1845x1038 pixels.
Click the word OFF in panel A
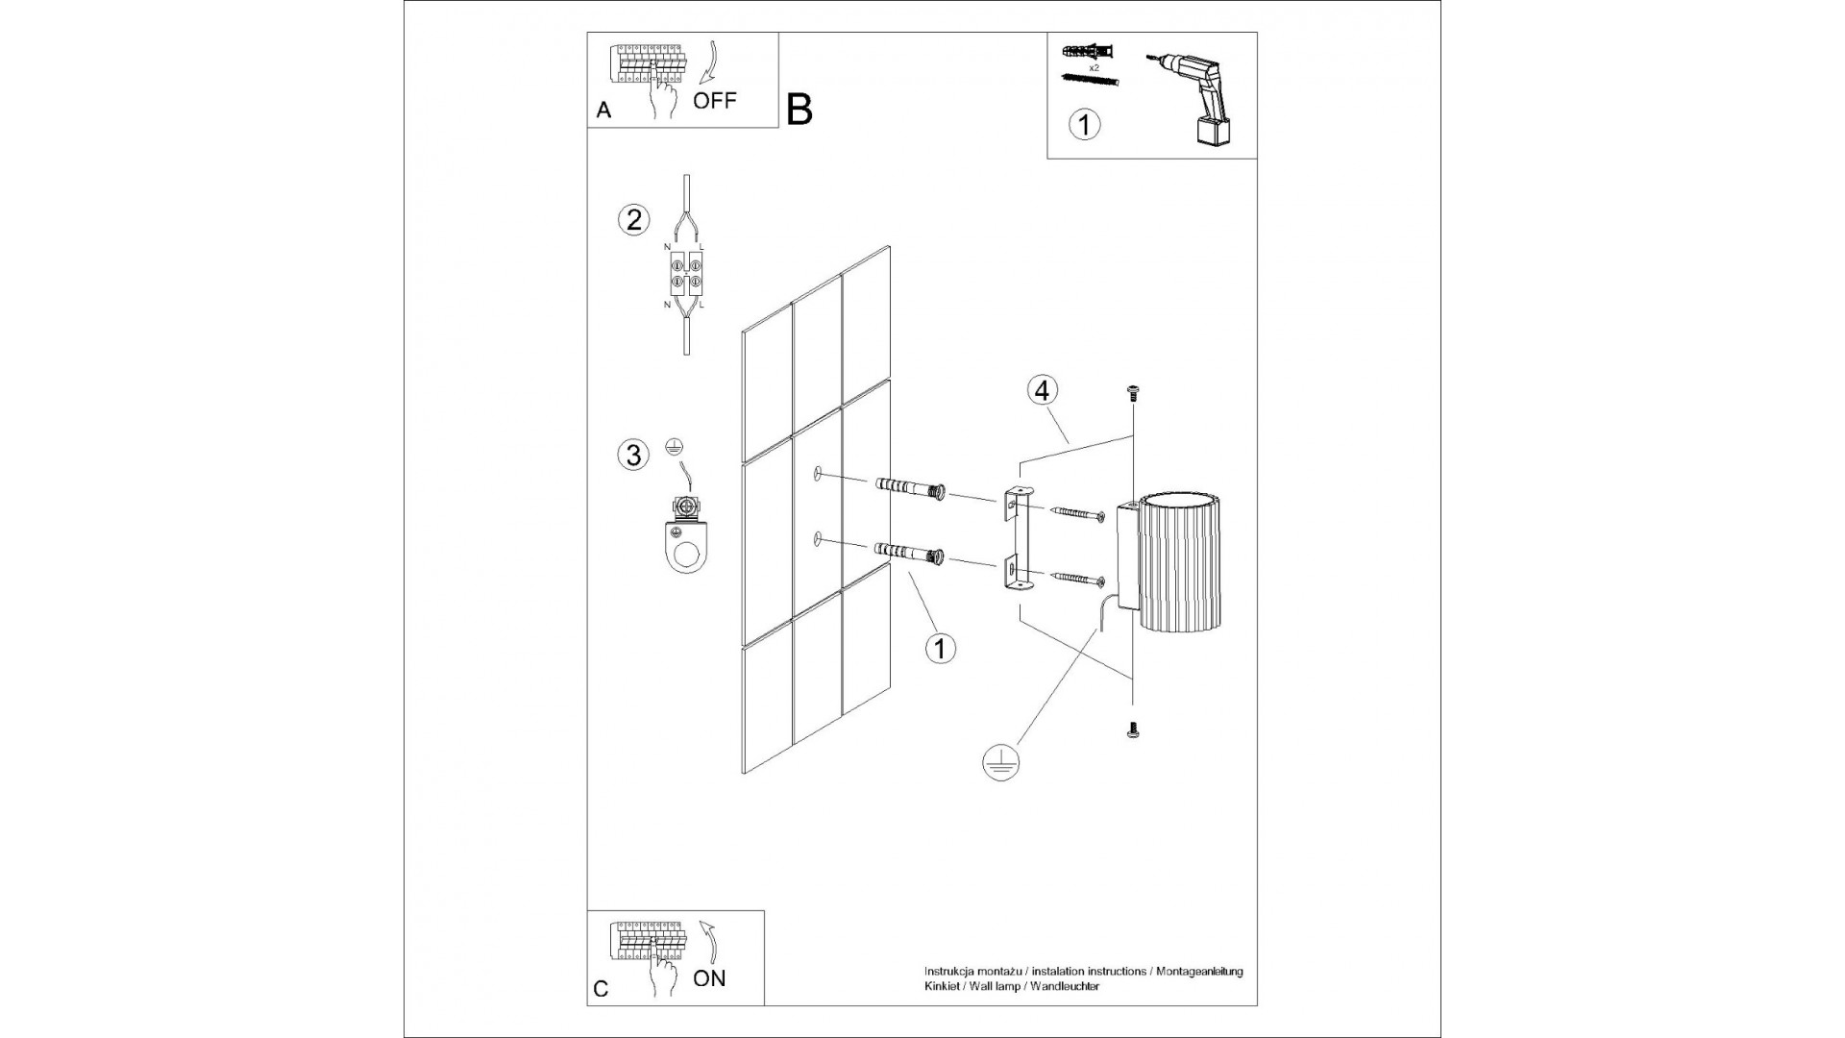coord(715,101)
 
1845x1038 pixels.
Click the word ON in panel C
coord(709,979)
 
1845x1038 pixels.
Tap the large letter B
coord(799,110)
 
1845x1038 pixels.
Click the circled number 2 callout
coord(632,220)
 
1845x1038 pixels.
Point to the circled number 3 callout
coord(632,454)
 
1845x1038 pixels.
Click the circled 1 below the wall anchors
coord(940,648)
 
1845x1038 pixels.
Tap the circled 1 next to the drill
coord(1084,125)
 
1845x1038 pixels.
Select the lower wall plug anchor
coord(910,554)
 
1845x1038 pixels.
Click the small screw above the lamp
coord(1134,393)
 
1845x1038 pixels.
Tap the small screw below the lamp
coord(1134,731)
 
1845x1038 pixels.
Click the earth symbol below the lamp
coord(1000,762)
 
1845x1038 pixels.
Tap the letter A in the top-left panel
coord(603,111)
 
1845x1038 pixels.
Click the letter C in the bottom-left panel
coord(602,990)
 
